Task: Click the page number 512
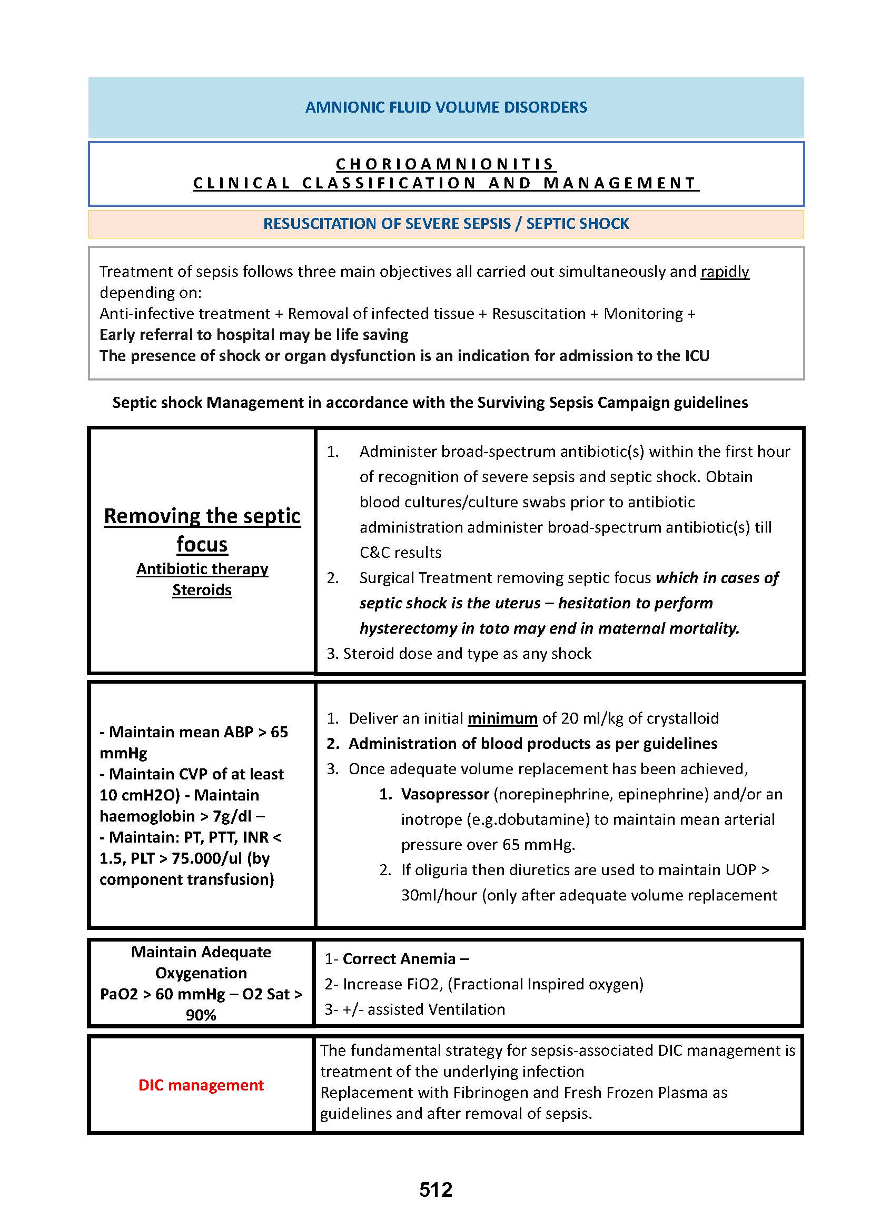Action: click(435, 1190)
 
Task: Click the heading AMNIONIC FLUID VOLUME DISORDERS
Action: click(446, 107)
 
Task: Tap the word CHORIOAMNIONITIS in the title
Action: click(446, 164)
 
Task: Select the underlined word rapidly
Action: click(725, 272)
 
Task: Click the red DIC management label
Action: click(201, 1085)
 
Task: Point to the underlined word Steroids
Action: click(202, 590)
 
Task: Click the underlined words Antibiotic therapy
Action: click(202, 569)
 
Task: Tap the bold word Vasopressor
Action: click(444, 794)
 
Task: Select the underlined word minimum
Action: click(502, 718)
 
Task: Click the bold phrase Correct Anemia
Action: click(399, 958)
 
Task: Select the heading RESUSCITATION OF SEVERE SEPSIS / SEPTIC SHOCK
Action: click(446, 224)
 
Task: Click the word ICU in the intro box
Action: click(697, 356)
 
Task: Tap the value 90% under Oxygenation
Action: click(201, 1015)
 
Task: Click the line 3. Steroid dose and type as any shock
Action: click(459, 654)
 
